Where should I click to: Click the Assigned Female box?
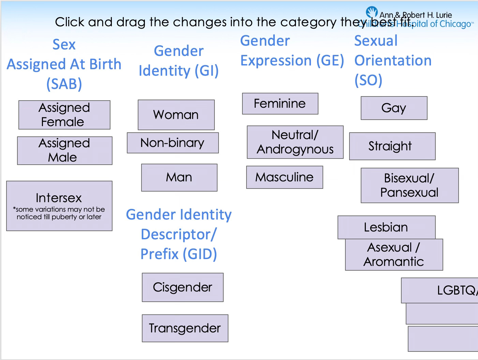[64, 115]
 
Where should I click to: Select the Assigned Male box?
[65, 150]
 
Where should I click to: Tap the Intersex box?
[59, 206]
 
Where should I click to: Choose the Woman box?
[176, 115]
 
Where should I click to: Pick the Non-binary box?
[173, 143]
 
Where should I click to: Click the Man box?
[179, 177]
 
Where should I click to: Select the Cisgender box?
[183, 287]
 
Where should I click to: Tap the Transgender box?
[185, 328]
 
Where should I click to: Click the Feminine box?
[280, 104]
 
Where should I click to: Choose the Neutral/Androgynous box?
[295, 142]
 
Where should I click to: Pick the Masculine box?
[284, 177]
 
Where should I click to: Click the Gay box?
[394, 108]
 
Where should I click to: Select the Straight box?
[392, 146]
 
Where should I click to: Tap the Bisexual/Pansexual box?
[409, 185]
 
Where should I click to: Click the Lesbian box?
[386, 227]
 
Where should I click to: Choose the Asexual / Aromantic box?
[394, 254]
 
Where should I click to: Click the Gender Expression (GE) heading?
[292, 51]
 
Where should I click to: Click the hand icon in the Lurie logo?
[372, 12]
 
